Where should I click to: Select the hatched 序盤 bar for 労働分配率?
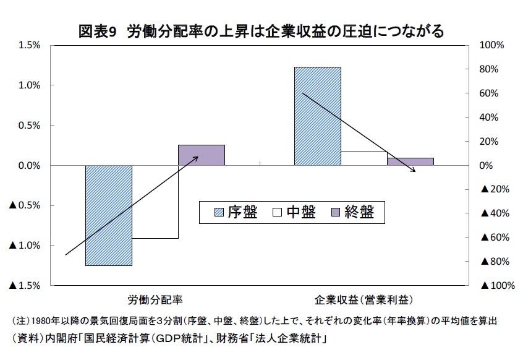coord(109,215)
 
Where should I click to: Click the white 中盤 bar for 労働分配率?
coord(155,202)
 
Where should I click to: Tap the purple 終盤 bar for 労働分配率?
coord(202,155)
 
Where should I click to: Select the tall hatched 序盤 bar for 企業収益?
coord(318,116)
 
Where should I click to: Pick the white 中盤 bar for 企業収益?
coord(364,158)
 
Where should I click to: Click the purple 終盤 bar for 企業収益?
coord(410,161)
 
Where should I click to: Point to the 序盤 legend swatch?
coord(219,212)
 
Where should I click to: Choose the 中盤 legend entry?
coord(294,212)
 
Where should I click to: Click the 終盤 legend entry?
coord(352,212)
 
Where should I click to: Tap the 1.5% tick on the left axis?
coord(29,45)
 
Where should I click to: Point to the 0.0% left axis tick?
coord(29,166)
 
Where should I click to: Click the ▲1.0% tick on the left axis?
coord(25,246)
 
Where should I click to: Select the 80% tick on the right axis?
coord(489,69)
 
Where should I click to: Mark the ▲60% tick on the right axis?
coord(495,238)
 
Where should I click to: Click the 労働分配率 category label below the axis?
coord(155,300)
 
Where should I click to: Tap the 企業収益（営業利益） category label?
coord(364,300)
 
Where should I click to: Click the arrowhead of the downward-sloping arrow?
coord(414,170)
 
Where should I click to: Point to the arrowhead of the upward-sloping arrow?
coord(196,158)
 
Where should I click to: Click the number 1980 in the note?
coord(41,321)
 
